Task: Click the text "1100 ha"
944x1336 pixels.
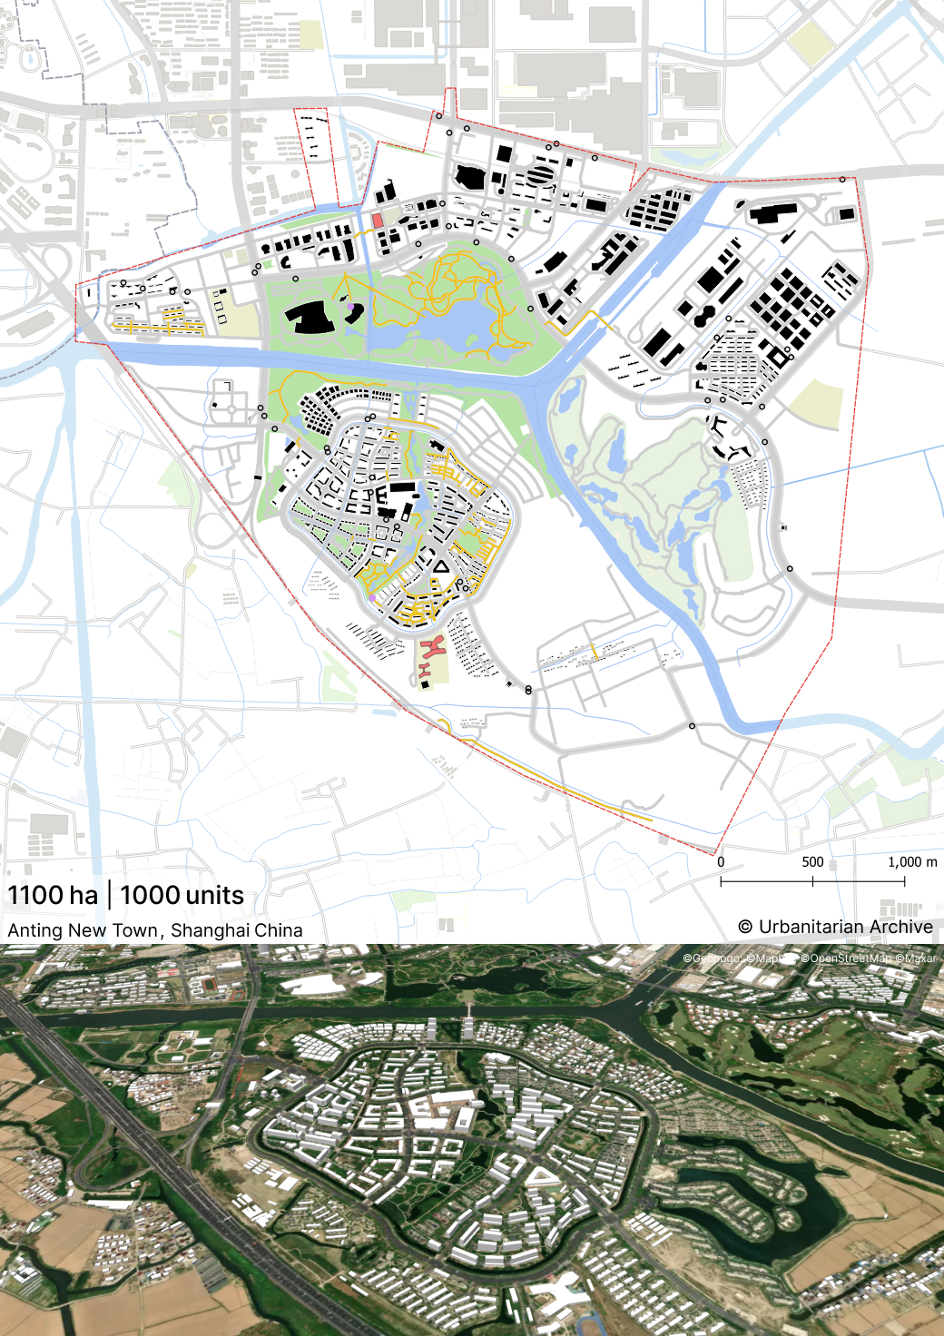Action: tap(53, 895)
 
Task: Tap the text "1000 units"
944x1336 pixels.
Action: tap(182, 895)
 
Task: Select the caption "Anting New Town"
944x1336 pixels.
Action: tap(84, 930)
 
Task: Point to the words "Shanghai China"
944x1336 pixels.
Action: tap(237, 930)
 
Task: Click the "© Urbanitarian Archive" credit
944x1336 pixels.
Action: tap(836, 927)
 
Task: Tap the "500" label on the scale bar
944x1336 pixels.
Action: tap(812, 862)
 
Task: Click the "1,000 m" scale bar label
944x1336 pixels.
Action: tap(912, 862)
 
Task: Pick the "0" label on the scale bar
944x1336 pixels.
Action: tap(721, 862)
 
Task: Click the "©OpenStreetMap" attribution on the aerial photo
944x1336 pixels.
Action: tap(847, 958)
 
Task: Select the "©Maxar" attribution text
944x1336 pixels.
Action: tap(916, 958)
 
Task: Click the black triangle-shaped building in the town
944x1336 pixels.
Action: tap(441, 567)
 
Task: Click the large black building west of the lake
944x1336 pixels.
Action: tap(310, 317)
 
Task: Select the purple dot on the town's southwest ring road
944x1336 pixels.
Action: tap(372, 598)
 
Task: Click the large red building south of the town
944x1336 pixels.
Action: tap(431, 648)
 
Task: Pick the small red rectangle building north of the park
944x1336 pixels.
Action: tap(378, 221)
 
